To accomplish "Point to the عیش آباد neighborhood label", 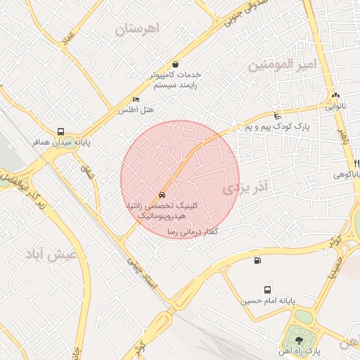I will (x=53, y=255).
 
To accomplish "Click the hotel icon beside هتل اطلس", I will (x=136, y=100).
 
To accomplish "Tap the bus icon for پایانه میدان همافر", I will (x=61, y=131).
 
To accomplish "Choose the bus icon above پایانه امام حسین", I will (x=267, y=290).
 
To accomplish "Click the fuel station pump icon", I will (x=256, y=261).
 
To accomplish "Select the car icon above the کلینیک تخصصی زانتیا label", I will (x=162, y=195).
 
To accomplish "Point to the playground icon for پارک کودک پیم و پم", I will (x=278, y=116).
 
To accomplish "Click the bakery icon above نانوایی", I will (x=335, y=96).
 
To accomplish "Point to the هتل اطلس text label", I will (x=136, y=110).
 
